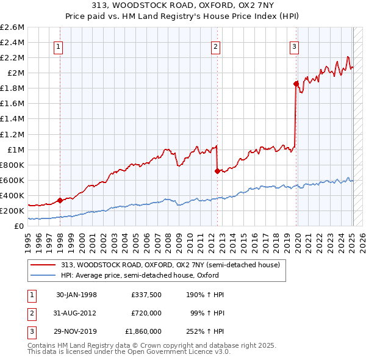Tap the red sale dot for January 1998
click(x=60, y=200)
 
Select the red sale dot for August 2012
click(x=217, y=171)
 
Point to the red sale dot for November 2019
click(x=296, y=84)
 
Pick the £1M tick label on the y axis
click(x=15, y=149)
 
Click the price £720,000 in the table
click(x=146, y=313)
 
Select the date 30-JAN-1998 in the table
click(x=76, y=295)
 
